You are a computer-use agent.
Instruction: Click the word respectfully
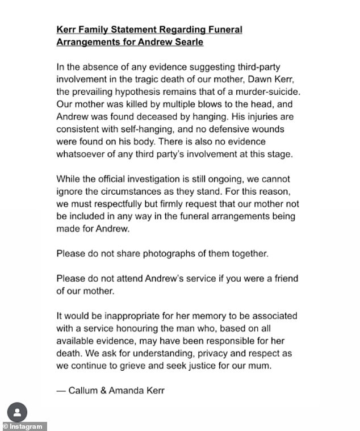pyautogui.click(x=106, y=203)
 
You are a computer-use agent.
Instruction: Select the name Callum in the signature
pyautogui.click(x=82, y=391)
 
